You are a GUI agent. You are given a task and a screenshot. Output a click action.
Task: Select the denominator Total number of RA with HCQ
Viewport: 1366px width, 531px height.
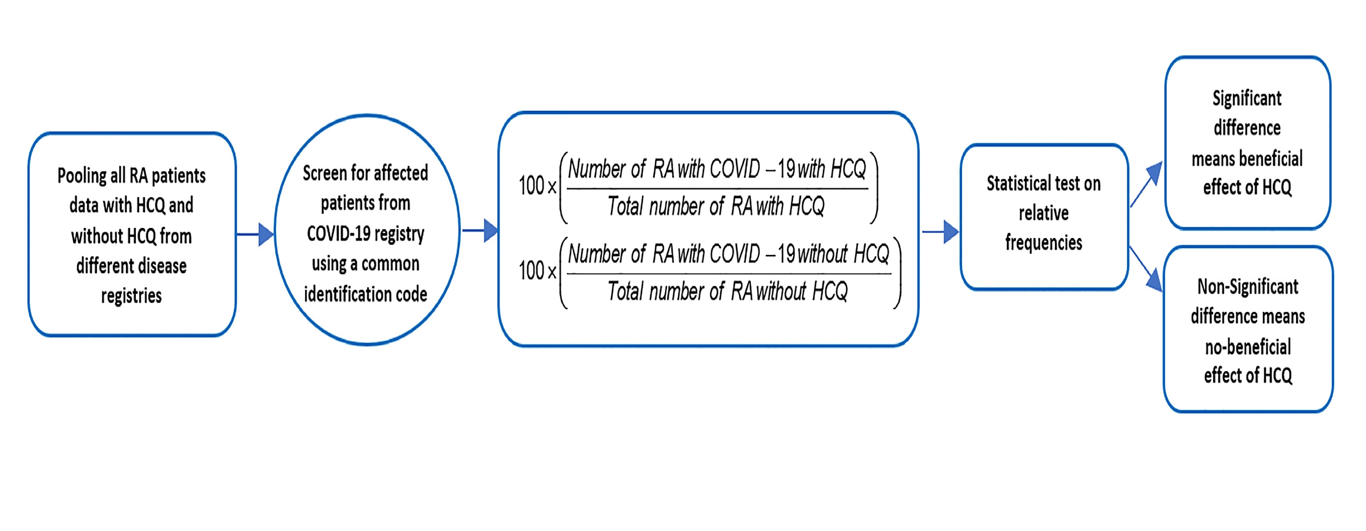point(716,206)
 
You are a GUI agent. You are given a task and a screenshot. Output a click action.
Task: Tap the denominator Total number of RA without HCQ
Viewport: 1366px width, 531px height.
point(727,291)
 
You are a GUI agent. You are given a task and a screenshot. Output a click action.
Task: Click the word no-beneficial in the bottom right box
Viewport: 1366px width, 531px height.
point(1247,347)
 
